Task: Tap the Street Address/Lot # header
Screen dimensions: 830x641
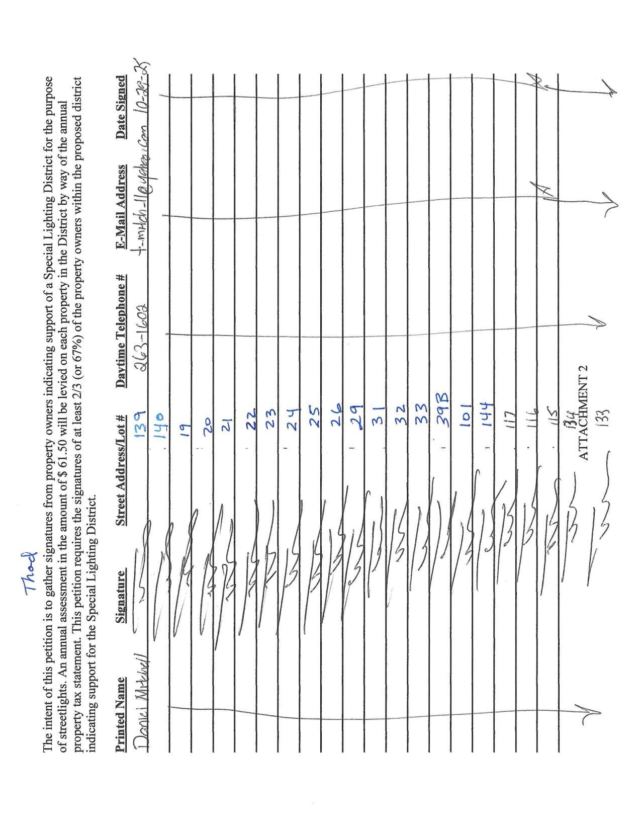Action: click(121, 470)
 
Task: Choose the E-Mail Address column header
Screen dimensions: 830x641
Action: click(121, 207)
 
